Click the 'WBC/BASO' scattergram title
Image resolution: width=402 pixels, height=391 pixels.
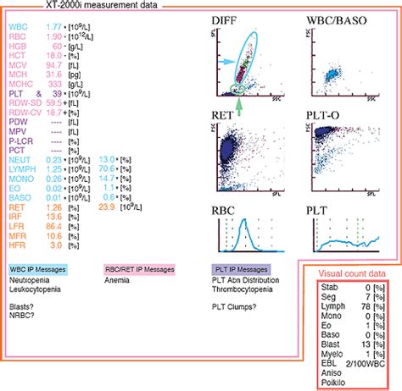point(329,18)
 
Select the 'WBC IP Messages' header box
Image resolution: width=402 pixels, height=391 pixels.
point(37,269)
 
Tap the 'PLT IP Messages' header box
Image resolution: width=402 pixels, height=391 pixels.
point(242,269)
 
